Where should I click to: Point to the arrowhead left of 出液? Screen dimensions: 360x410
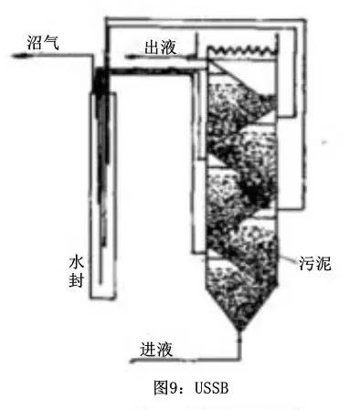point(128,57)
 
